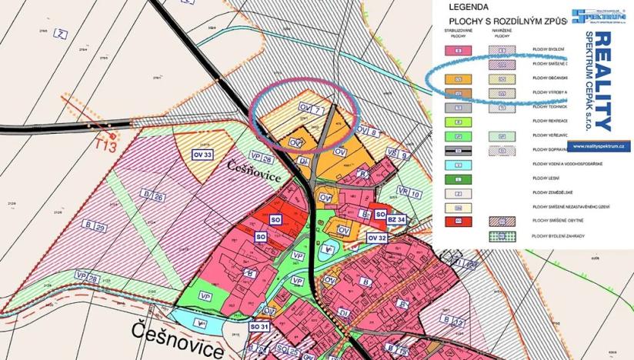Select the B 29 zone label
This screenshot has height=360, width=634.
pos(95,228)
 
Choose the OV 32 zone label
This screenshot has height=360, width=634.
pos(378,238)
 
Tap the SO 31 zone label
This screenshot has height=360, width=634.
pos(260,327)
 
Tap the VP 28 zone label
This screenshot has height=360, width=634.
pos(88,276)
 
